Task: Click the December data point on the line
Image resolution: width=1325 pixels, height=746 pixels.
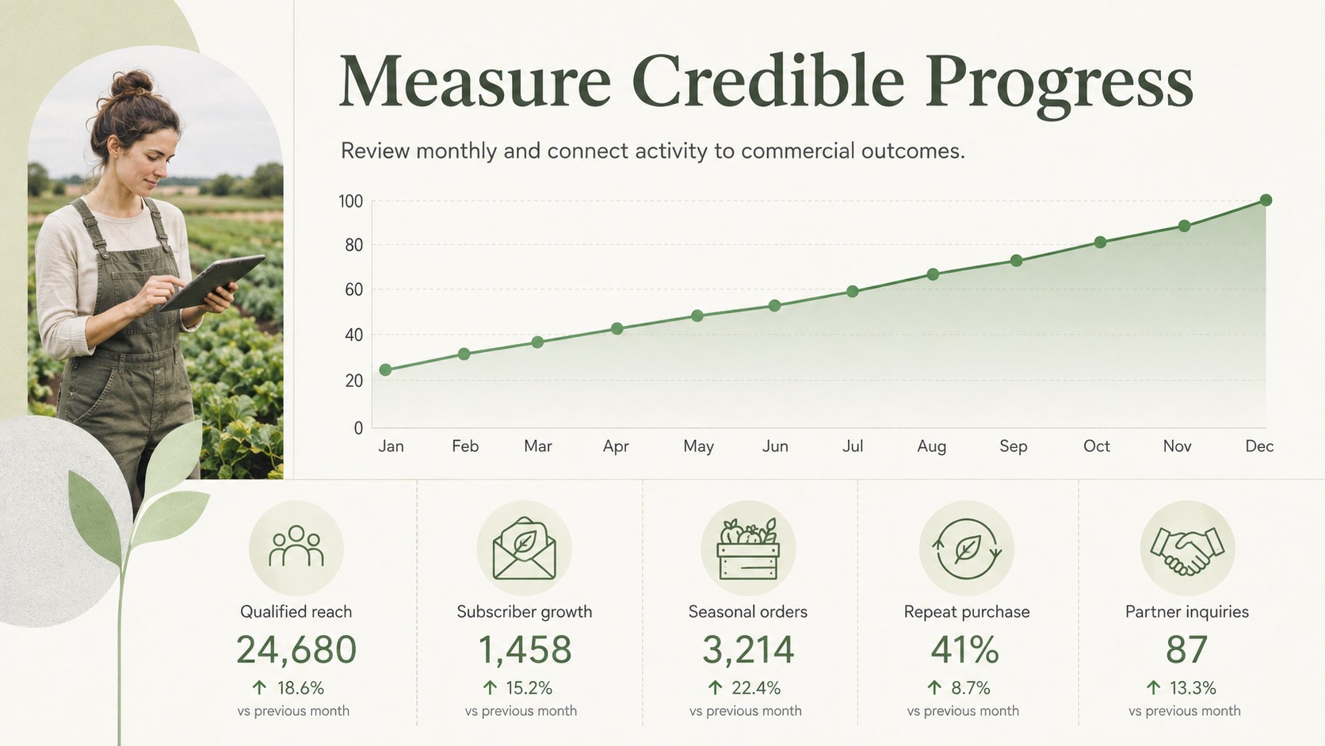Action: coord(1266,201)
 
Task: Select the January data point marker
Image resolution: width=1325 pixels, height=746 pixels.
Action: coord(386,370)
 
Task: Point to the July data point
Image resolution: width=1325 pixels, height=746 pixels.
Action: coord(853,292)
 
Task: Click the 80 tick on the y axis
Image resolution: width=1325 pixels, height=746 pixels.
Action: coord(353,246)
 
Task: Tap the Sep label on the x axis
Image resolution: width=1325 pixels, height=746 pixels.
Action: coord(1014,446)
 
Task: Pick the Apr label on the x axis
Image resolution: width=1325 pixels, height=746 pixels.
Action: coord(616,446)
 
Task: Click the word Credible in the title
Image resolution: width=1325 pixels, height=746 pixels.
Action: coord(768,82)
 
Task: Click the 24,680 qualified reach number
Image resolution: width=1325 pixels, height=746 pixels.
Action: coord(296,649)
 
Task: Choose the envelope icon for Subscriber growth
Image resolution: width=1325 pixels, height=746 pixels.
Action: coord(524,549)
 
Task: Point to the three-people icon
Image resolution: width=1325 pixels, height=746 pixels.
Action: coord(296,546)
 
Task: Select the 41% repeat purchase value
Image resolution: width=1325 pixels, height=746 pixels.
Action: coord(964,649)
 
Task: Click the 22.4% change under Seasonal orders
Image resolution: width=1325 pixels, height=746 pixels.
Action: coord(756,688)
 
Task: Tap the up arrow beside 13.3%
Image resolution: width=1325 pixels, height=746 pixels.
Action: coord(1154,688)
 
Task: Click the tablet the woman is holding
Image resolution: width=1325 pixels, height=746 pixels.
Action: coord(211,283)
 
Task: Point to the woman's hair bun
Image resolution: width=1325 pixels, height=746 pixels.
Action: coord(132,83)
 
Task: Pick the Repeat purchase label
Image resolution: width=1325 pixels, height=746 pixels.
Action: coord(967,612)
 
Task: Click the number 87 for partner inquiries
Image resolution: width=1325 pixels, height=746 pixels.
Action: coord(1186,649)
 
